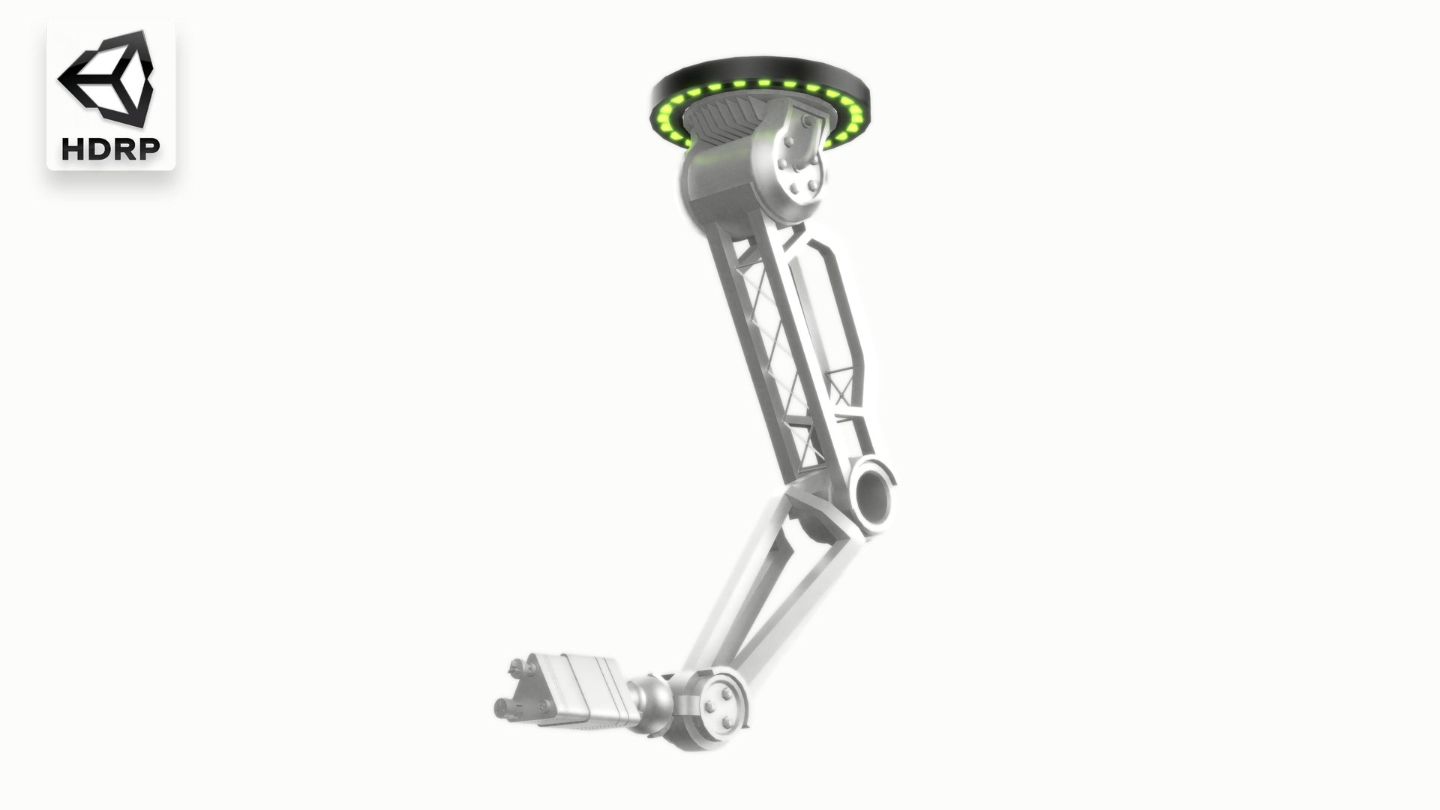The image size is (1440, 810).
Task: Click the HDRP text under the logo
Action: click(x=111, y=148)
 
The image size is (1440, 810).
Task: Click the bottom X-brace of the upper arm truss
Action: click(x=803, y=442)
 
